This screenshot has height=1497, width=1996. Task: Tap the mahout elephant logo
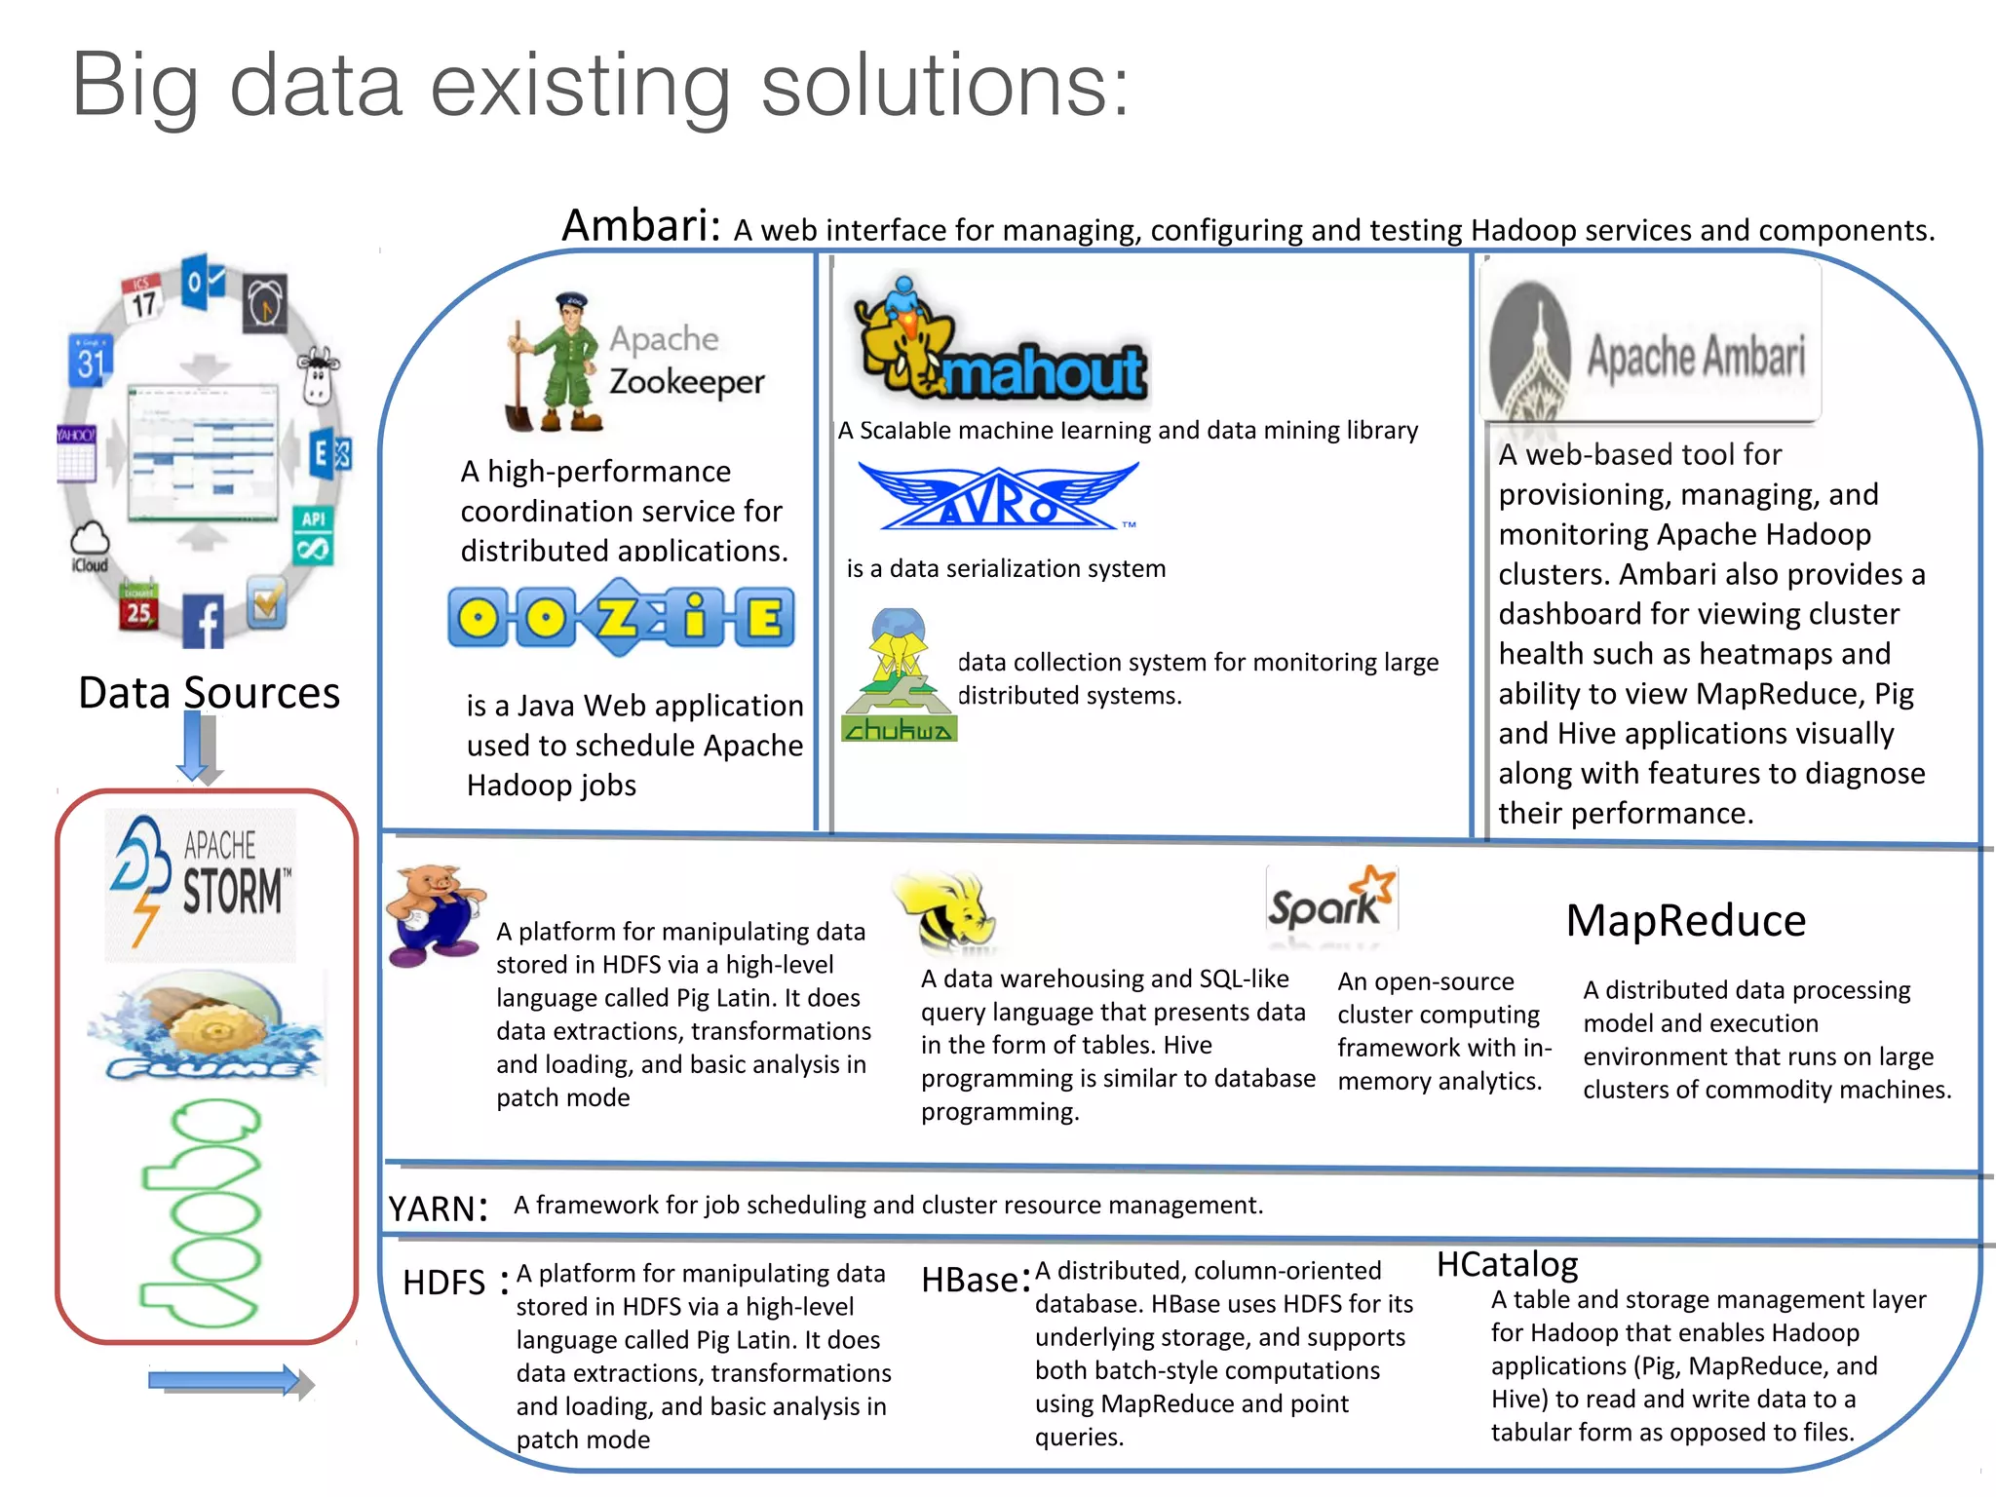1001,341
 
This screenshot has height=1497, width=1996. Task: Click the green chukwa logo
899,676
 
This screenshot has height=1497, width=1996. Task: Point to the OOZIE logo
622,617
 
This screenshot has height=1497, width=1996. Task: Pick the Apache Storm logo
201,883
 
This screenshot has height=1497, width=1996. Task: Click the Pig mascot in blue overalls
436,913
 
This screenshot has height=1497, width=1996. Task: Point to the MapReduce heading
1685,920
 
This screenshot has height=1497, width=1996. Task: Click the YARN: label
437,1209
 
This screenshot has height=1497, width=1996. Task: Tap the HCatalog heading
1507,1264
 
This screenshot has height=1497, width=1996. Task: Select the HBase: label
975,1280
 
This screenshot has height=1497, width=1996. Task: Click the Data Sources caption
209,693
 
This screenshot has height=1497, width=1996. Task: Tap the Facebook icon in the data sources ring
204,621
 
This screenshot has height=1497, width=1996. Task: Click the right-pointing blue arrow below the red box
230,1381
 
